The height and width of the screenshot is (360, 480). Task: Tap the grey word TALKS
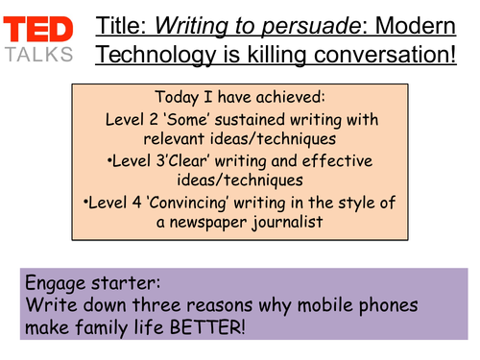38,55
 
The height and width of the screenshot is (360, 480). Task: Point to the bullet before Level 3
113,161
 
